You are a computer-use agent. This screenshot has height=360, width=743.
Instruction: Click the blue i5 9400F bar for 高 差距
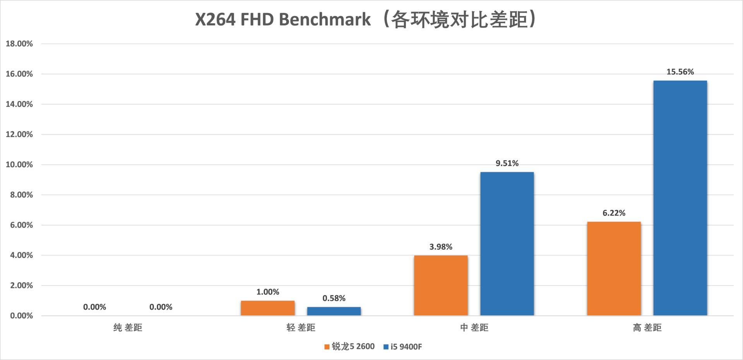(x=680, y=198)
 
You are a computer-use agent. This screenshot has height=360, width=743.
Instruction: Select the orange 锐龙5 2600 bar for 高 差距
(x=614, y=269)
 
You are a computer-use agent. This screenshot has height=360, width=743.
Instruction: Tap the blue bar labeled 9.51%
(x=507, y=244)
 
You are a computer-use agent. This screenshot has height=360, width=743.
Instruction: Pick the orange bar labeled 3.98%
(x=441, y=285)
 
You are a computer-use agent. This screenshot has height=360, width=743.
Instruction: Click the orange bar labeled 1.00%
(x=267, y=308)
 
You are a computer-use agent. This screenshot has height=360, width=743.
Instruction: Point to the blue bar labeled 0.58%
(x=334, y=311)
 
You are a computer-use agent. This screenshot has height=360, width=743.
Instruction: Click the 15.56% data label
(x=680, y=72)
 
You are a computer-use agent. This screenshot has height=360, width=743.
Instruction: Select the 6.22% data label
(x=614, y=213)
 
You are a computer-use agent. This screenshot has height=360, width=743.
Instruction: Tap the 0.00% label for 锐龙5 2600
(x=94, y=307)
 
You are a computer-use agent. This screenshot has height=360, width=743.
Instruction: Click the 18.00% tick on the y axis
(x=19, y=44)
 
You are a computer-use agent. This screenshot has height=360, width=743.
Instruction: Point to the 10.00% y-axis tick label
(x=19, y=165)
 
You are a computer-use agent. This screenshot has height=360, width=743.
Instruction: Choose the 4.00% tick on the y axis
(x=22, y=255)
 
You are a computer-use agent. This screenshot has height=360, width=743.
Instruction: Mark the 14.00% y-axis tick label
(x=19, y=104)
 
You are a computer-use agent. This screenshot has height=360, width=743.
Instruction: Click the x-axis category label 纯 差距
(x=128, y=328)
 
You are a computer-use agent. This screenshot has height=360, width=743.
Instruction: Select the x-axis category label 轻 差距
(x=301, y=328)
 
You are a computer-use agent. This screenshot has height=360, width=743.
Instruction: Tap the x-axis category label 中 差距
(x=474, y=328)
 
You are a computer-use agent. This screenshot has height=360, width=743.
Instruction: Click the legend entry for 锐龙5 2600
(x=349, y=346)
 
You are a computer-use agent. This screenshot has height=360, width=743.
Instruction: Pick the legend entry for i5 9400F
(x=402, y=347)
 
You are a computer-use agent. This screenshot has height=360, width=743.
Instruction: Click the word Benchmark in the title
(x=325, y=19)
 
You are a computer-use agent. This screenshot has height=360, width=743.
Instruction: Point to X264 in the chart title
(x=215, y=19)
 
